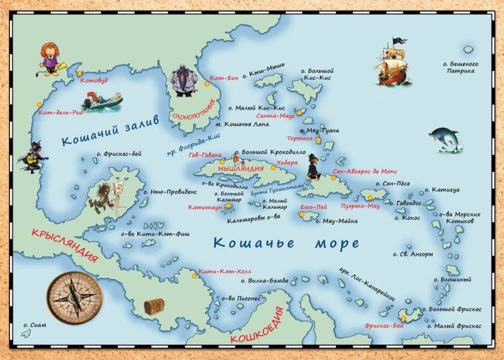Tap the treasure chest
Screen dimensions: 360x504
click(x=154, y=306)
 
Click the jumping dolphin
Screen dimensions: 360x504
click(x=445, y=138)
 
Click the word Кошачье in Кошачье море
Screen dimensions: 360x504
click(x=254, y=242)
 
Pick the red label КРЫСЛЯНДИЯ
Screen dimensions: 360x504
click(x=64, y=247)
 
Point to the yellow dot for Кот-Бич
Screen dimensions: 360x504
click(x=207, y=85)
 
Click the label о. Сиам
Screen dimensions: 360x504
click(x=34, y=325)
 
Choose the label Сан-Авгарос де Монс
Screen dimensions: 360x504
click(x=365, y=171)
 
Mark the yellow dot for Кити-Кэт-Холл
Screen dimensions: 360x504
click(x=195, y=276)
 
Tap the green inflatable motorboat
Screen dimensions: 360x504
click(x=102, y=102)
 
